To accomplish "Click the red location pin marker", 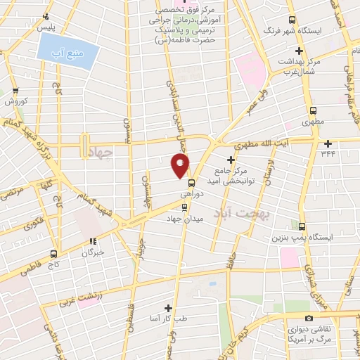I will (180, 166).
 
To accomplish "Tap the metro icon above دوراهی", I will (192, 182).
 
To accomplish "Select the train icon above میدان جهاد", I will (185, 207).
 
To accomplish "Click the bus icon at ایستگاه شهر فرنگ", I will (292, 21).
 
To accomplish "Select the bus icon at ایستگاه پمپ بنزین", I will (302, 226).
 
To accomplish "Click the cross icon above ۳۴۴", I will (328, 143).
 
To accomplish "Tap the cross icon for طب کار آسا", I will (167, 308).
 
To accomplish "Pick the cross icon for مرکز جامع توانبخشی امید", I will (231, 160).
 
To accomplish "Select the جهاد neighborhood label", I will (101, 152).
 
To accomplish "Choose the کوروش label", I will (15, 101).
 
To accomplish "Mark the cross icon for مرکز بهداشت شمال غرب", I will (300, 51).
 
